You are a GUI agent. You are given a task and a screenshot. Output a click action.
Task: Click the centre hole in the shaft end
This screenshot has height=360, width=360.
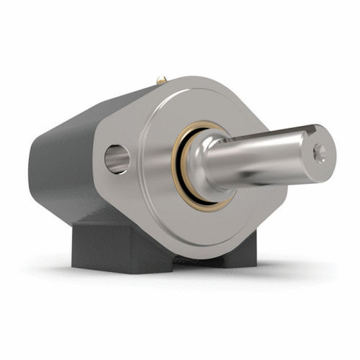(x=319, y=153)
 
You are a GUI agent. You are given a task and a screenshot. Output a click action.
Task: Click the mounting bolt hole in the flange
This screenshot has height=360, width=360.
(x=117, y=159)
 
